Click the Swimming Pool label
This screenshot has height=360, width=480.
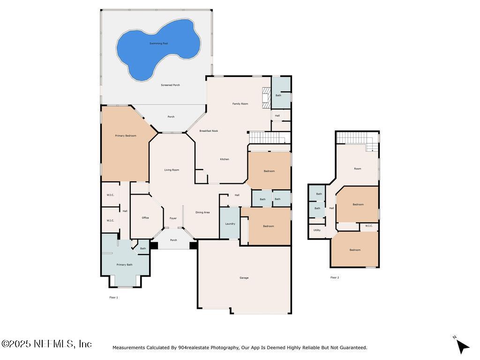(158, 44)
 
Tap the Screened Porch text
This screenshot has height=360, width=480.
(170, 85)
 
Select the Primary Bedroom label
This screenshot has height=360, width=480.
(126, 136)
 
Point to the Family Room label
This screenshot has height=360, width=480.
(240, 104)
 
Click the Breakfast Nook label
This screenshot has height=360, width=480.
(209, 131)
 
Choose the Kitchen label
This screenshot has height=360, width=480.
(225, 159)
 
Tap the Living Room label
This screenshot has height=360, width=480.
(172, 170)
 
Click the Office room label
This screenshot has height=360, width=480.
(145, 218)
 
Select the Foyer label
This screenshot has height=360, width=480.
(173, 218)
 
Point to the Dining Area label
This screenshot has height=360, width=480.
(202, 212)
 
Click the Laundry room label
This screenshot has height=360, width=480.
(230, 224)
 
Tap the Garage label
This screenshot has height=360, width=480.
(244, 278)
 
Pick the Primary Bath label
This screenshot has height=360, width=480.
(125, 265)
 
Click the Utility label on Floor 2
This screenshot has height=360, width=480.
(317, 230)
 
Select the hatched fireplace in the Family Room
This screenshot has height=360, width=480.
(266, 95)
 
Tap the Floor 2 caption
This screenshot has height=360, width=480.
(334, 277)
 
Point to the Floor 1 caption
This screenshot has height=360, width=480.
(113, 297)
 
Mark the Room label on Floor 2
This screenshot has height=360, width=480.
(358, 169)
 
